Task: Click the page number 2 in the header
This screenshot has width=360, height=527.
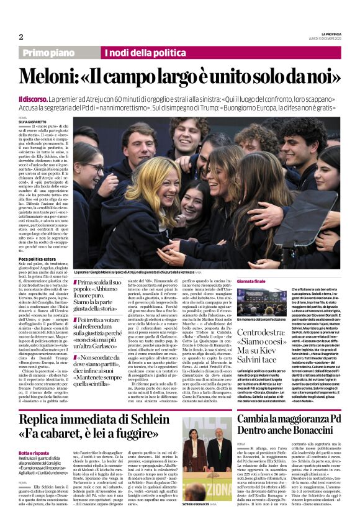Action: click(x=20, y=37)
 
